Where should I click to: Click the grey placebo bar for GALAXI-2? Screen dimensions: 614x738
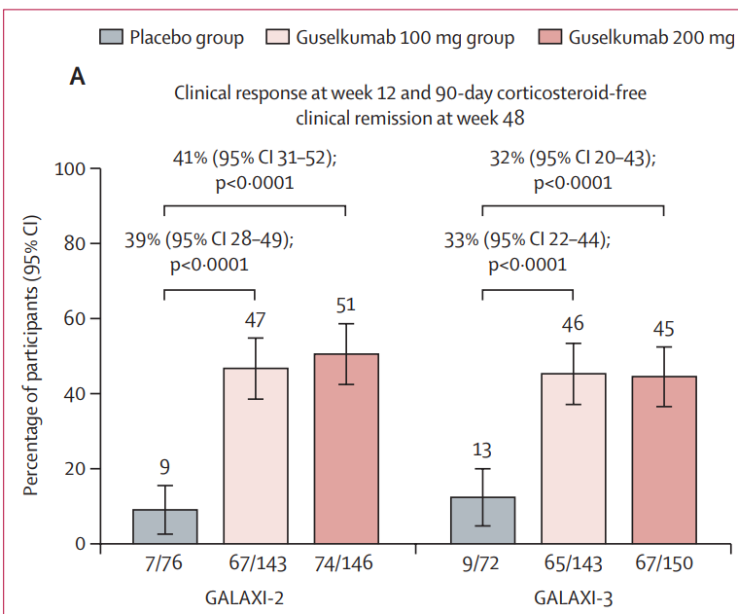pyautogui.click(x=164, y=526)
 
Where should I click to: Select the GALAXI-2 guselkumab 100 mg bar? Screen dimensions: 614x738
pyautogui.click(x=256, y=455)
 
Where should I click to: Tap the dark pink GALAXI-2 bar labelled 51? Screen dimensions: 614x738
pyautogui.click(x=346, y=449)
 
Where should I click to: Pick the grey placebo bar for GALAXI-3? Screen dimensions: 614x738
pyautogui.click(x=482, y=520)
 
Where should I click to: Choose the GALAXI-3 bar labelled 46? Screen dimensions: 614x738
pyautogui.click(x=573, y=458)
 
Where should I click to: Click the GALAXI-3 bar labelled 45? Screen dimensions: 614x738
pyautogui.click(x=663, y=459)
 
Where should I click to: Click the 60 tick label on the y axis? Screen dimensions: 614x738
pyautogui.click(x=72, y=319)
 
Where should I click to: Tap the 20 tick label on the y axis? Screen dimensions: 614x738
pyautogui.click(x=72, y=469)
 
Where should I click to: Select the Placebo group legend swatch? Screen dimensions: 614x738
pyautogui.click(x=111, y=38)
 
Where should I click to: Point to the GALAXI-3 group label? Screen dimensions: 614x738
pyautogui.click(x=574, y=596)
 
